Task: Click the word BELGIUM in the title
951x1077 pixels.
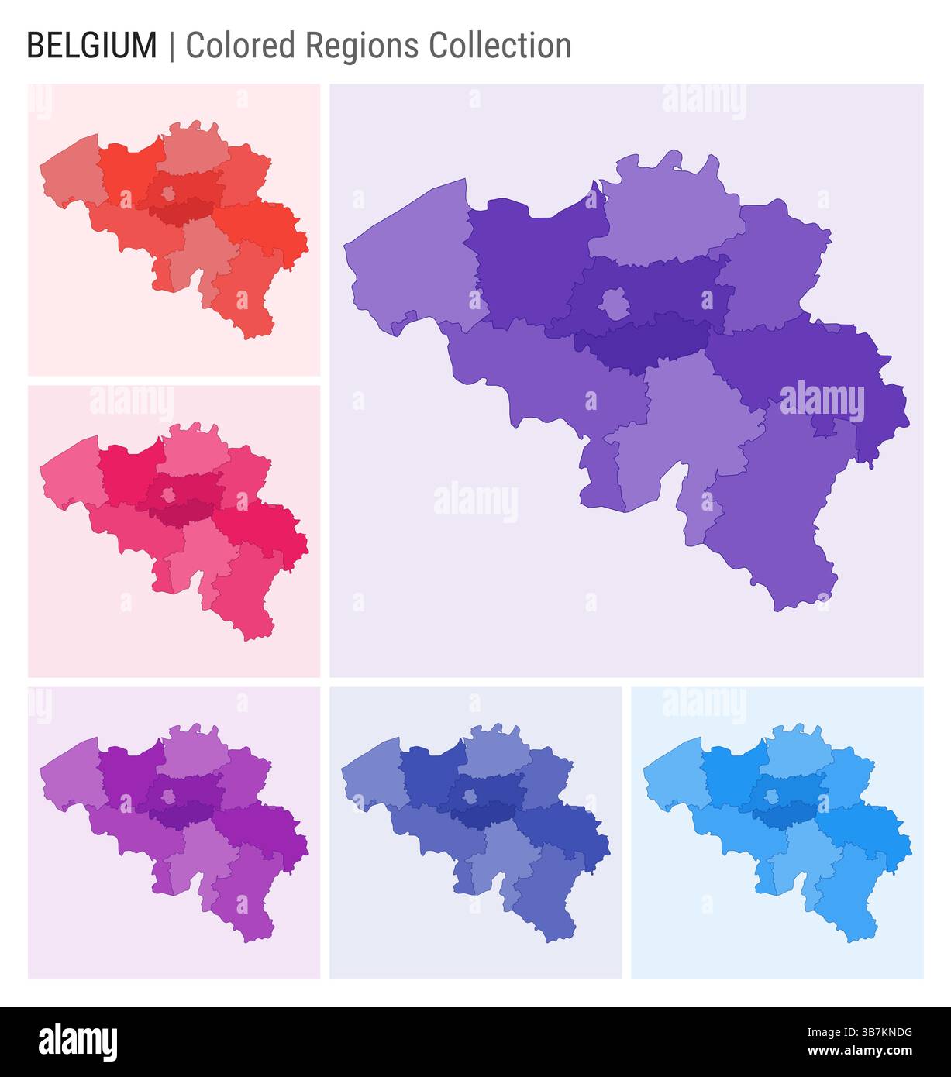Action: coord(91,46)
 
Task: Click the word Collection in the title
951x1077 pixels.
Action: coord(500,46)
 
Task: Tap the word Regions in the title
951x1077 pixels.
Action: coord(361,46)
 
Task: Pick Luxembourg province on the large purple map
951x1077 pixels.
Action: coord(775,511)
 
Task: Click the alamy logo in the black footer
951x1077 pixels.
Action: coord(78,1042)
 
